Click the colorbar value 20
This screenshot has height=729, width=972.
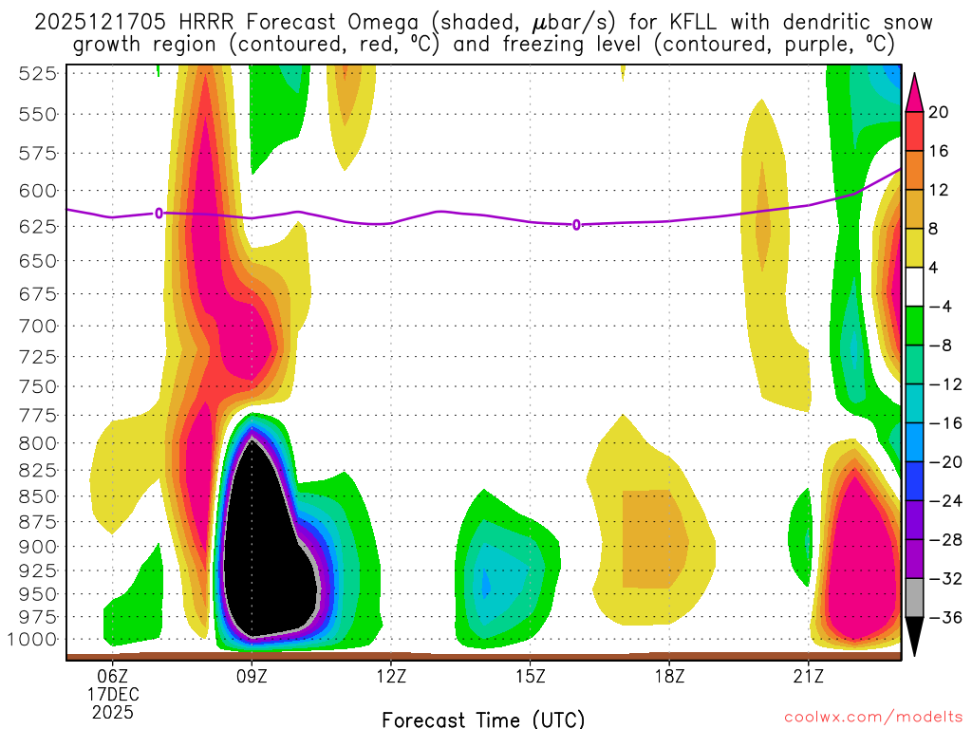pos(940,112)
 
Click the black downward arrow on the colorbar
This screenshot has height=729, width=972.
pos(915,636)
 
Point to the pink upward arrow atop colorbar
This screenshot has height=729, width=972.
pos(915,91)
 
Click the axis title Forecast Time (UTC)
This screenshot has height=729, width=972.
pos(483,719)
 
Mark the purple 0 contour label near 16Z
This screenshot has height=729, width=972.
pos(576,225)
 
